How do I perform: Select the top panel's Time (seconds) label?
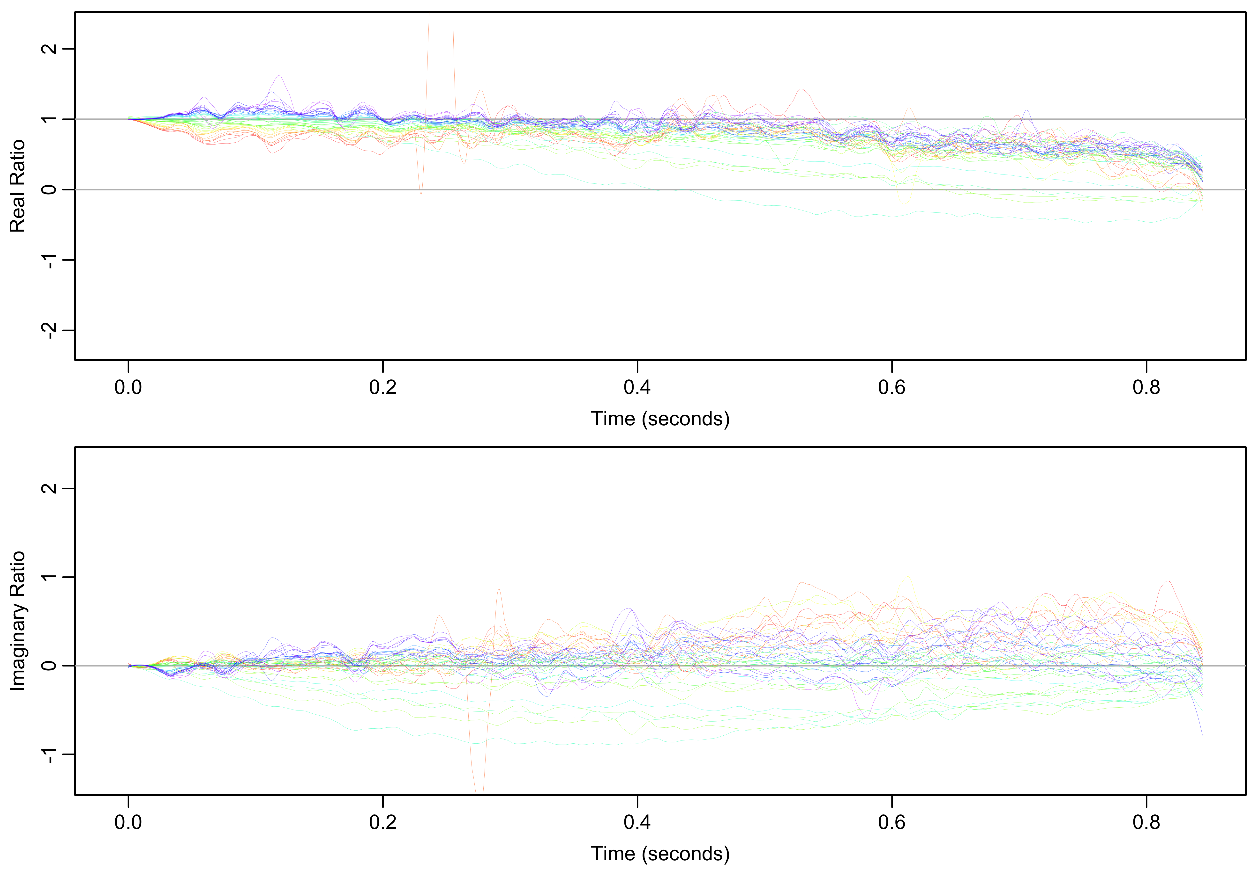click(660, 419)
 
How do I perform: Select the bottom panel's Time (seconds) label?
click(660, 854)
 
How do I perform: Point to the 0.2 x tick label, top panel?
click(383, 388)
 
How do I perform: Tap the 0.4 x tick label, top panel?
click(637, 388)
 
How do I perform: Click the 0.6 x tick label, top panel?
click(892, 388)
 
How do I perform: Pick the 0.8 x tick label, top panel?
click(1146, 388)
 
